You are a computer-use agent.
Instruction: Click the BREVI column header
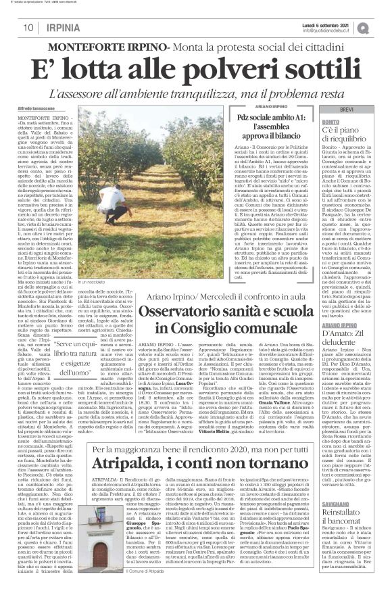[x=345, y=110]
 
